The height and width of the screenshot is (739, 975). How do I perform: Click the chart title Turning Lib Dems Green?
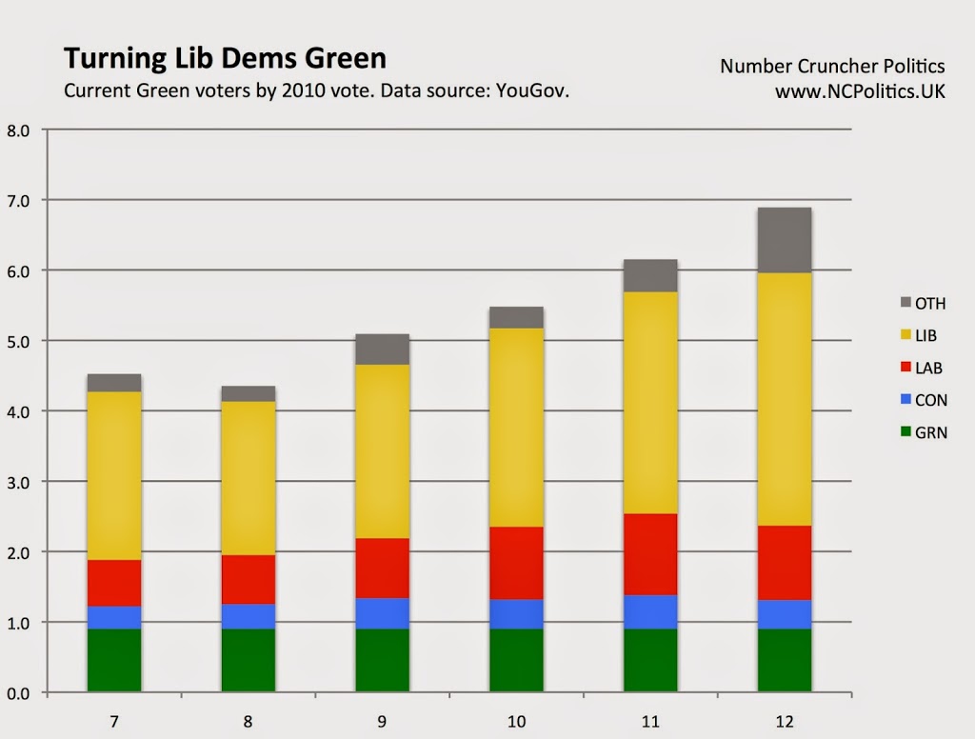(225, 59)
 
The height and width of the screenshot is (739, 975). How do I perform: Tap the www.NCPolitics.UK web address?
(860, 91)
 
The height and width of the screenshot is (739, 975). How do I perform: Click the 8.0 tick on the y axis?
(18, 130)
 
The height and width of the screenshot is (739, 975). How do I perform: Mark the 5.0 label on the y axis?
(18, 341)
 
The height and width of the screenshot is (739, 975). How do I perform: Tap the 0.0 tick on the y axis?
(18, 693)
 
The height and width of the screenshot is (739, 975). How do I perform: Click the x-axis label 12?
(785, 721)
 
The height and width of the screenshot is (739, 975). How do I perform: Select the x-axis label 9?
(382, 721)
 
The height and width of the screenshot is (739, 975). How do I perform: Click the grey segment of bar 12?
(785, 240)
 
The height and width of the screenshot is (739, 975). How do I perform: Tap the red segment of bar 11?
(650, 554)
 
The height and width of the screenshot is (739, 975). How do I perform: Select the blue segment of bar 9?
(382, 613)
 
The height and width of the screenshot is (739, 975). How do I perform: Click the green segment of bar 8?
(249, 660)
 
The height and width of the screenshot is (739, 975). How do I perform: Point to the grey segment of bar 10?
(516, 317)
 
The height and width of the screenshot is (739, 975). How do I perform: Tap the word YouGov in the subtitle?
(532, 91)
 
